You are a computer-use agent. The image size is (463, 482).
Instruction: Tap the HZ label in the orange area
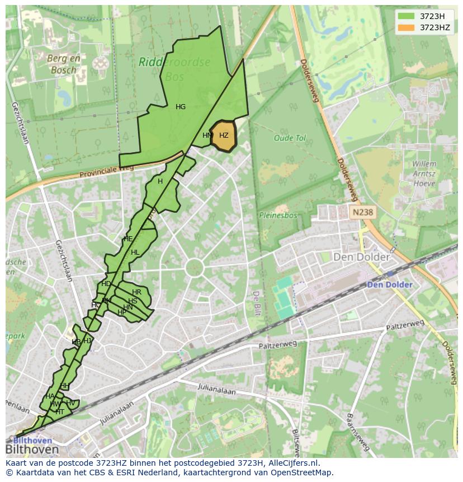pos(224,135)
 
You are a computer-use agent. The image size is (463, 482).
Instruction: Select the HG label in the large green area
pos(181,107)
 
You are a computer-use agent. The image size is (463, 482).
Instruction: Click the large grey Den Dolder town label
pos(361,257)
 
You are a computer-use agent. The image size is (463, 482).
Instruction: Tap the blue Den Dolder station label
pos(390,284)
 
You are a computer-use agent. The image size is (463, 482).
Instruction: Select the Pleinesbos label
pos(278,214)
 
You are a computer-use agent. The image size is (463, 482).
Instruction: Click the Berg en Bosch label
pos(64,64)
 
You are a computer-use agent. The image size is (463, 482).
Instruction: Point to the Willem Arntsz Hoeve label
pos(424,174)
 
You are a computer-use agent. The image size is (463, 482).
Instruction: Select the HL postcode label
pos(135,252)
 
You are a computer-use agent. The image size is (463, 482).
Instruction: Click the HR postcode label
pos(136,292)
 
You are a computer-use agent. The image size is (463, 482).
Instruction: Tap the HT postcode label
pos(60,411)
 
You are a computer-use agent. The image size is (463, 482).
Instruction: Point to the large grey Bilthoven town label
pos(32,450)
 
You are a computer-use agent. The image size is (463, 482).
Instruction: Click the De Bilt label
pos(256,303)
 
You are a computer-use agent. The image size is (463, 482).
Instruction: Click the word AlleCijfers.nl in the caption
pos(293,463)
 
